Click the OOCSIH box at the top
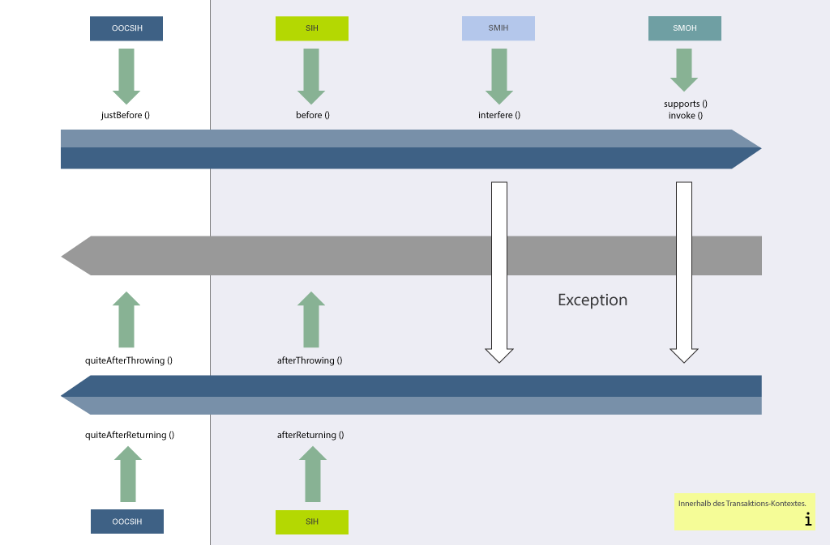[126, 28]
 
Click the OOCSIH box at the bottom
[126, 522]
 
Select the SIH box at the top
[311, 28]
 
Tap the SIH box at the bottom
[311, 522]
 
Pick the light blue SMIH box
[498, 28]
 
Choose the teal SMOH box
[684, 28]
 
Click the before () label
[312, 115]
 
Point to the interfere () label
[498, 115]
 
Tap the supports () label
[685, 104]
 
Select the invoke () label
[685, 115]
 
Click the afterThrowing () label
[309, 360]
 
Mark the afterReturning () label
[310, 435]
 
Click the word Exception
[592, 300]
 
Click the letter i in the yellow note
[807, 520]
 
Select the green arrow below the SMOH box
[684, 70]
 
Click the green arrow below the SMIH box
[498, 75]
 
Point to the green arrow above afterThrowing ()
[310, 320]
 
